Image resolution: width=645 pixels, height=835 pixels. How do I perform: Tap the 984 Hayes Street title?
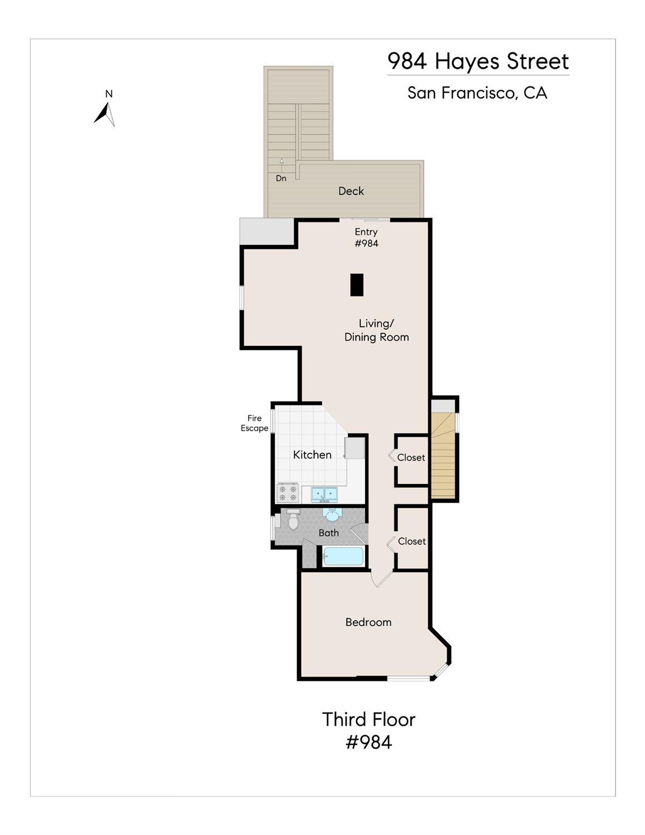pos(478,61)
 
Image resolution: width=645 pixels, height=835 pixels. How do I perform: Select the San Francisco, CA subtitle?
pos(477,93)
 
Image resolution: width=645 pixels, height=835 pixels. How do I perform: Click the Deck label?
pos(351,191)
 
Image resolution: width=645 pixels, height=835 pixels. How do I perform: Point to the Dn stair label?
pos(281,178)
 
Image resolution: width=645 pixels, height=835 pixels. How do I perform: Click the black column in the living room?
pos(357,285)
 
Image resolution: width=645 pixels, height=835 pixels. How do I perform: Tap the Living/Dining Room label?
pos(376,330)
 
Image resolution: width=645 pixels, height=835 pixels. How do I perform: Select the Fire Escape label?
pos(254,423)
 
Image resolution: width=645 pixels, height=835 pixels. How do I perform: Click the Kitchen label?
pos(312,455)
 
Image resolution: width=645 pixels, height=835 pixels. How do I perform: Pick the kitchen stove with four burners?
pos(288,494)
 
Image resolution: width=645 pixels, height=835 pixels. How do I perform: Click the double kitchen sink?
pos(324,494)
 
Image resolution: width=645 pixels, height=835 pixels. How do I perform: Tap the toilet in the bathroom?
pos(294,519)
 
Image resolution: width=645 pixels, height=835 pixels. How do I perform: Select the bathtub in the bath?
pos(343,556)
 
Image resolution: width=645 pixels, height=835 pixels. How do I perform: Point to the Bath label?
pos(329,533)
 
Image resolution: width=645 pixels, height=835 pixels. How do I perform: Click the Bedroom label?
pos(368,622)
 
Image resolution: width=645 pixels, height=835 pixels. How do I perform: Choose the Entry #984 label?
pos(366,237)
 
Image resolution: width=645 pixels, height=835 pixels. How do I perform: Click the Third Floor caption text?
pos(368,719)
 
